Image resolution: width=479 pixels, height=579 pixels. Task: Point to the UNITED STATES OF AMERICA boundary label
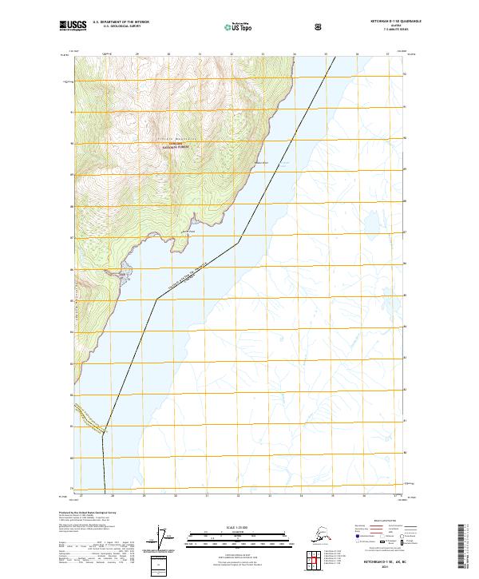[191, 276]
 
